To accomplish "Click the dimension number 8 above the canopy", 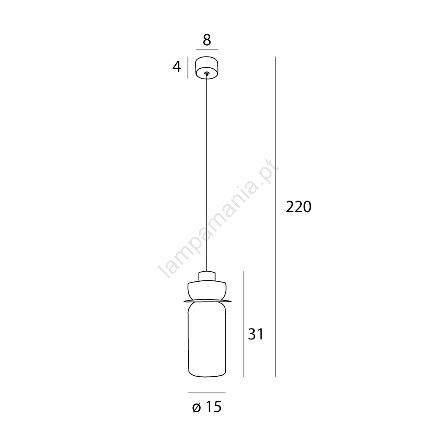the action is coord(207,40).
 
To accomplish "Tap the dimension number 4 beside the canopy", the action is coord(177,67).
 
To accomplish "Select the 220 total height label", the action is coord(298,207).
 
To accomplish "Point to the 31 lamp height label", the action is coord(256,334).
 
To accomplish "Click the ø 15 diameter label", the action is coord(207,407).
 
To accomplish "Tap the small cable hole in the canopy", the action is coord(207,73).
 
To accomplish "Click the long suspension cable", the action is coord(207,173).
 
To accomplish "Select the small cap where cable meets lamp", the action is coord(207,276).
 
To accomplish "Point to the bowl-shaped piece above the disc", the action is coord(207,290).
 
